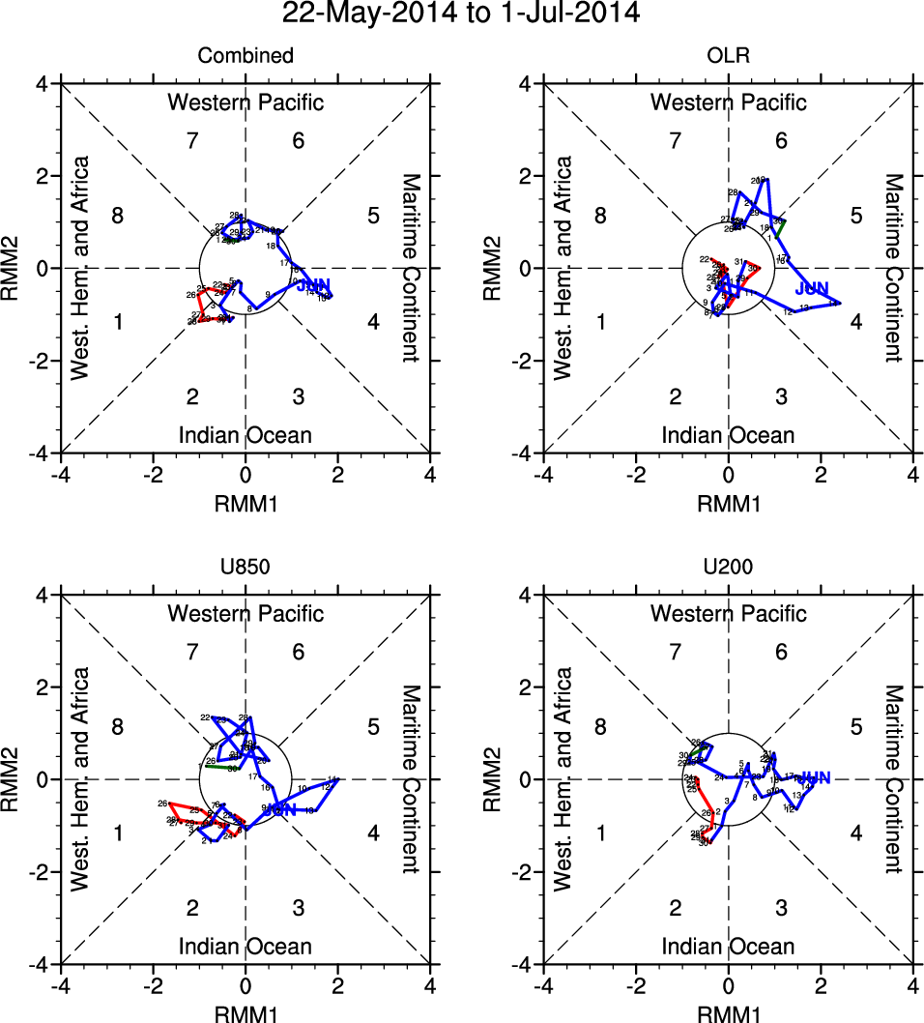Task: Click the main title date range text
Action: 461,15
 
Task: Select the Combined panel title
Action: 245,56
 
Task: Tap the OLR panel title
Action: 728,56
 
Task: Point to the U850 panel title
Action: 245,568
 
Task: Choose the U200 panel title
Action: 728,568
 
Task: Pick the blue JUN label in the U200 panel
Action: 815,778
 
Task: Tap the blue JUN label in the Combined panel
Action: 314,284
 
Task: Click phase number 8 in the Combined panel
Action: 117,216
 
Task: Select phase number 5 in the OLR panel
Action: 856,216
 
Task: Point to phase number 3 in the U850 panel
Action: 299,908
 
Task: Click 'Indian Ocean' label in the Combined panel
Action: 245,435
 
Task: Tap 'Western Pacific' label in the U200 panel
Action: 728,613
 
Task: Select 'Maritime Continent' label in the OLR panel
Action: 893,268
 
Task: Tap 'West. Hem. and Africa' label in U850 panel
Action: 83,779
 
